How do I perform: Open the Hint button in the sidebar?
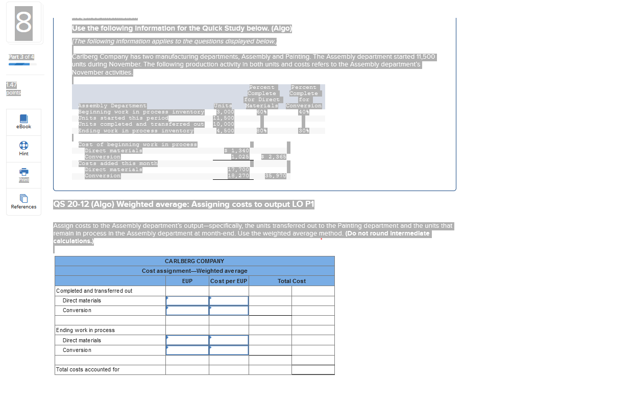(x=24, y=148)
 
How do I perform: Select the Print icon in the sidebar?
(x=24, y=175)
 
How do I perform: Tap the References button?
(x=24, y=202)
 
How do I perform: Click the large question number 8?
(x=24, y=23)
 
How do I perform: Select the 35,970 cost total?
(x=276, y=176)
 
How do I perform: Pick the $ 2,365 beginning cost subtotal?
(x=274, y=157)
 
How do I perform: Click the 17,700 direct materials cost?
(x=238, y=170)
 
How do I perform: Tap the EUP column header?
(x=187, y=281)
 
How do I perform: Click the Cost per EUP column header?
(x=229, y=281)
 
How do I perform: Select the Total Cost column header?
(x=291, y=281)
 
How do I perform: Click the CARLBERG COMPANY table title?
(x=194, y=261)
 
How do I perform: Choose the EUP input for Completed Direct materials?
(x=187, y=301)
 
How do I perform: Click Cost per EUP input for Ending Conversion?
(x=229, y=350)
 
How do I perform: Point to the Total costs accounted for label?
(x=88, y=369)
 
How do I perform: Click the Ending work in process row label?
(x=85, y=330)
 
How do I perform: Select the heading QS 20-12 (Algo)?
(x=184, y=204)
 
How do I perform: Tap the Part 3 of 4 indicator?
(x=21, y=56)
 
